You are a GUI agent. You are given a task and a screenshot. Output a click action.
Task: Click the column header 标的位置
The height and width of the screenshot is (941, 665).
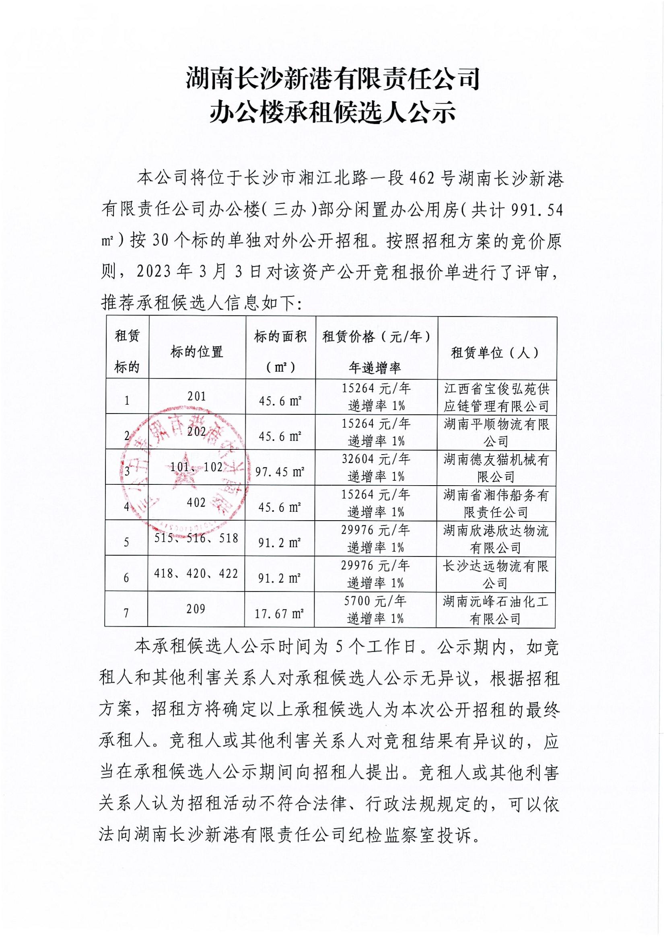(x=197, y=351)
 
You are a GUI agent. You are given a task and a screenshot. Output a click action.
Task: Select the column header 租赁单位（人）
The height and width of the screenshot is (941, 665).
(x=496, y=352)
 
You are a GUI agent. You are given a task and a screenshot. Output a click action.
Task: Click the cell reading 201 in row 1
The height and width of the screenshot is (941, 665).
(x=197, y=396)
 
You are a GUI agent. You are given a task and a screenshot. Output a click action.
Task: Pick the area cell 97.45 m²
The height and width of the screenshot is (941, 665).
(x=280, y=472)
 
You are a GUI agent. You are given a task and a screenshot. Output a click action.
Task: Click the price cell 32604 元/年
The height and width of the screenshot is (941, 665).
(x=376, y=459)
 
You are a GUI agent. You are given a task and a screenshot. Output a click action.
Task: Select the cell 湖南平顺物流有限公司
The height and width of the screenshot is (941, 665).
(x=496, y=432)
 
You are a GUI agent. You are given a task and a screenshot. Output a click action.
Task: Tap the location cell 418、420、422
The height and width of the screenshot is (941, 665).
(x=196, y=573)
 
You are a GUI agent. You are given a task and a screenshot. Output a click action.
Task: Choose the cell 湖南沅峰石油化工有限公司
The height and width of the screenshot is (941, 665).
(x=495, y=609)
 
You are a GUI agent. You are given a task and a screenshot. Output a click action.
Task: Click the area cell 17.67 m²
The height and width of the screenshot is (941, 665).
(x=279, y=614)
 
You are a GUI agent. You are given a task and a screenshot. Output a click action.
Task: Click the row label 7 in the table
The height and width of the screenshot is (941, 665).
(x=127, y=613)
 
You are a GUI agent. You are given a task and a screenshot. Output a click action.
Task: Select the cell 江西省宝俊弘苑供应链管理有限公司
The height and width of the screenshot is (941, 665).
(x=496, y=396)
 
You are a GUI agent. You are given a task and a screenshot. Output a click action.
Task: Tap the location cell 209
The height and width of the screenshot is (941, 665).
(x=196, y=609)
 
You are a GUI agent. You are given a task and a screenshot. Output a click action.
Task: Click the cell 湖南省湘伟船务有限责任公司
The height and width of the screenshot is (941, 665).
(x=496, y=503)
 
